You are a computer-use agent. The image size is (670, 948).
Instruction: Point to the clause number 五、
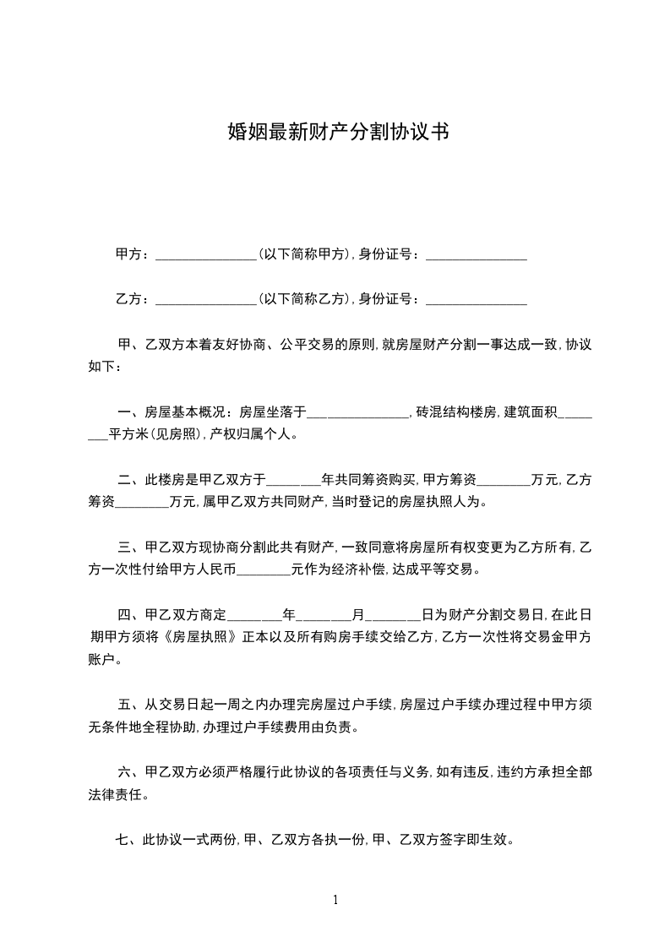(129, 705)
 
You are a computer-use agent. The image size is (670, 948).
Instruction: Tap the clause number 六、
(129, 772)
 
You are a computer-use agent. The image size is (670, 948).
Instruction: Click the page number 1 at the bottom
(335, 901)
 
